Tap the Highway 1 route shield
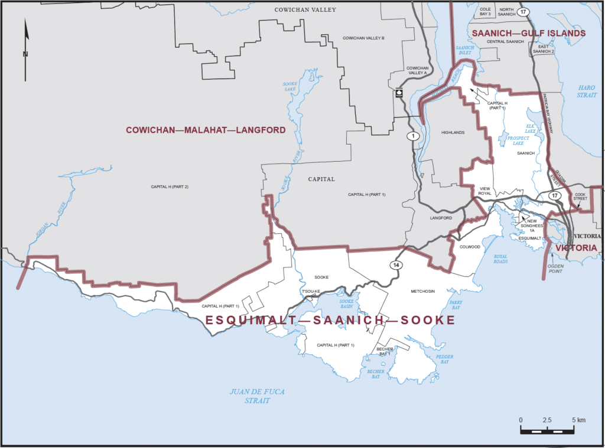click(x=411, y=136)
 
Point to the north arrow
click(x=25, y=50)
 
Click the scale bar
click(x=548, y=430)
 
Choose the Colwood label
click(x=470, y=247)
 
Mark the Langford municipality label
click(x=441, y=218)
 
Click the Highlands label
click(x=453, y=132)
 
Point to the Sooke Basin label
click(x=346, y=304)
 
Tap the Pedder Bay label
click(x=444, y=359)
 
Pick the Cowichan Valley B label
click(x=364, y=38)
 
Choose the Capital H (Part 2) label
click(x=170, y=187)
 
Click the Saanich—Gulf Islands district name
click(x=528, y=34)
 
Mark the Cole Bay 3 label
click(x=486, y=12)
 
